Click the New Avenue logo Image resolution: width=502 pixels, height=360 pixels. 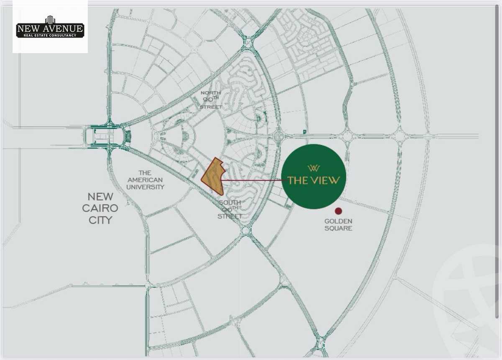(50, 28)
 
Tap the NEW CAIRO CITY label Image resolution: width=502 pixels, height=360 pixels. (103, 208)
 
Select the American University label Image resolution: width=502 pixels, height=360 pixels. (145, 180)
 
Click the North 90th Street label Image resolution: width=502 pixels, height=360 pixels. (211, 100)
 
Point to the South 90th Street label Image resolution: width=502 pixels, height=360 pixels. (230, 209)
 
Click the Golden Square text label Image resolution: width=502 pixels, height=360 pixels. (338, 225)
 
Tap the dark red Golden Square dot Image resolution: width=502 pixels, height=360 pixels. (338, 211)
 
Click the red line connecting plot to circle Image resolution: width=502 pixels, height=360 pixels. (251, 181)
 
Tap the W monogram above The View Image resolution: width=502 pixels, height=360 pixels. (314, 169)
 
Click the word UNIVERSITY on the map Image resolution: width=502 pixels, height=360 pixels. (146, 187)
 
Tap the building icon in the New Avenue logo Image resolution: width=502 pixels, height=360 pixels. (50, 20)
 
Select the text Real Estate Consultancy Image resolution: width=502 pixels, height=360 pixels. (50, 36)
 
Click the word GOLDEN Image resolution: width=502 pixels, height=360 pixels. (338, 221)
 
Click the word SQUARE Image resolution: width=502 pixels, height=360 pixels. (338, 228)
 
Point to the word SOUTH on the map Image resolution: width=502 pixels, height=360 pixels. (230, 202)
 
